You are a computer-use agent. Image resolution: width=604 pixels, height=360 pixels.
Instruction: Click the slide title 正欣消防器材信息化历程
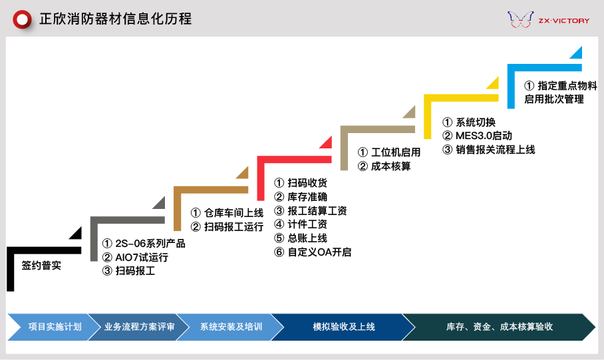(115, 19)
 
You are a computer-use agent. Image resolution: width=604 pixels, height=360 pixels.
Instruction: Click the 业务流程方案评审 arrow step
(138, 327)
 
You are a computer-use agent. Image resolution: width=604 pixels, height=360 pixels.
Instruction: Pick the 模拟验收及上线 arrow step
(343, 327)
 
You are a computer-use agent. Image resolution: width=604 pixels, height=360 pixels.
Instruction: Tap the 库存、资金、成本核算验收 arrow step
(499, 327)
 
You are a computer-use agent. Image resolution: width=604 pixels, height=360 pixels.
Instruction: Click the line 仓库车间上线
(227, 213)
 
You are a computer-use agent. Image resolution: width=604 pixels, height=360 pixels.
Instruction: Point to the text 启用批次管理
(553, 99)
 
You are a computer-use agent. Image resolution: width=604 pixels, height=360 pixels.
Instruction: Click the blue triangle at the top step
(577, 53)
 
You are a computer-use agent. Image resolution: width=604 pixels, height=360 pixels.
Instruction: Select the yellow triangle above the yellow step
(493, 83)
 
